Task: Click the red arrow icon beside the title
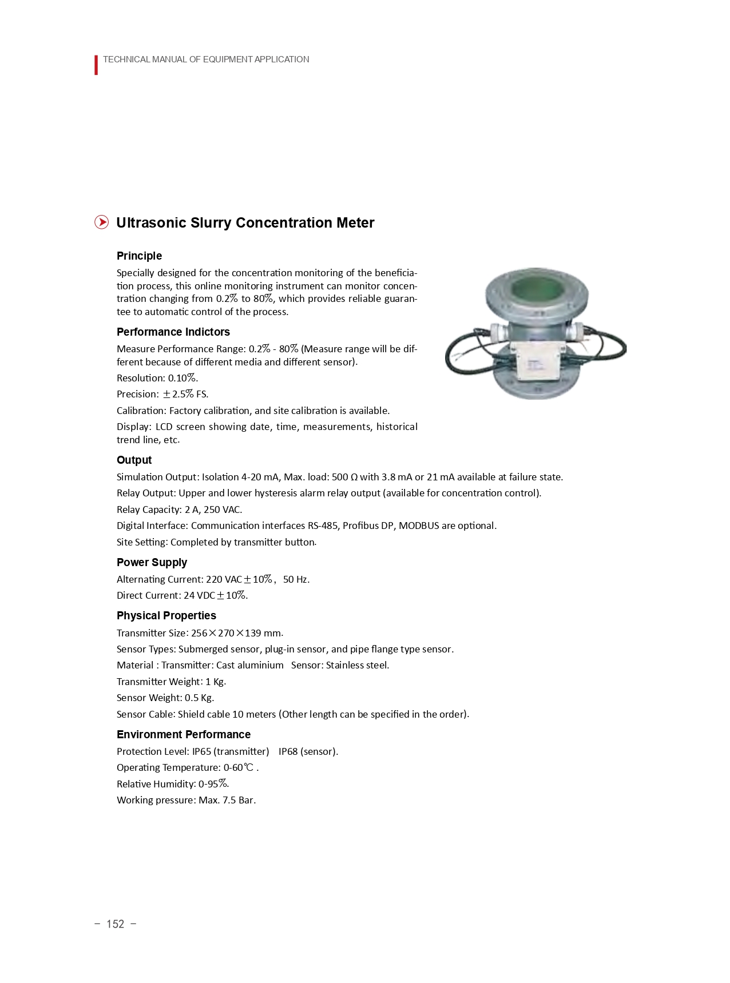tap(101, 222)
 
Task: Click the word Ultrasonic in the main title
tap(151, 222)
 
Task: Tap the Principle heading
tap(139, 256)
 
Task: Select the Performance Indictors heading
tap(173, 332)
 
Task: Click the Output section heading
tap(134, 460)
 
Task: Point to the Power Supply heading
tap(152, 562)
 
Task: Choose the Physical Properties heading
tap(166, 615)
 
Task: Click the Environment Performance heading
tap(183, 734)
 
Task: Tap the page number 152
tap(115, 924)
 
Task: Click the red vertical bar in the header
tap(96, 65)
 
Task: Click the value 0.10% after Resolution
tap(182, 378)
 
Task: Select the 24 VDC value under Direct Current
tap(199, 595)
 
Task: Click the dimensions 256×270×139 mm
tap(236, 633)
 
